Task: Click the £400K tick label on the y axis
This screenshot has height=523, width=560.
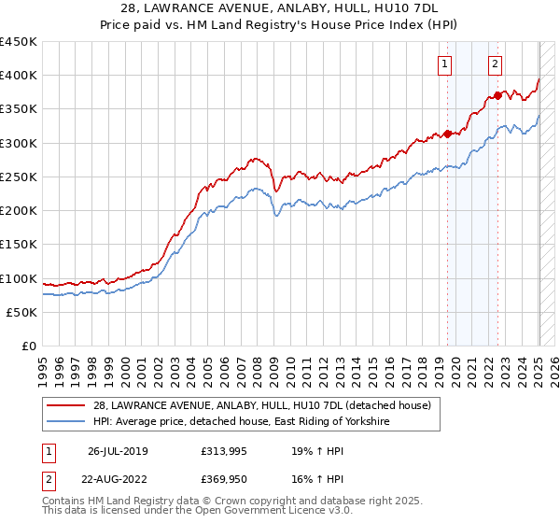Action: click(x=19, y=76)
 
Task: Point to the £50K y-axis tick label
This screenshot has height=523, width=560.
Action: click(x=21, y=312)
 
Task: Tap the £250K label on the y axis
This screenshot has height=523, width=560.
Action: click(x=19, y=177)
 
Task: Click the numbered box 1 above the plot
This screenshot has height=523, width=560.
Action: click(x=444, y=64)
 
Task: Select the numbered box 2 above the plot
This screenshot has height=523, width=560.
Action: click(x=495, y=64)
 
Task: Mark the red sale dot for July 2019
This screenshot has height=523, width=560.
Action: click(x=447, y=134)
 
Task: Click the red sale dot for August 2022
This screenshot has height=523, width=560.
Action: click(x=497, y=95)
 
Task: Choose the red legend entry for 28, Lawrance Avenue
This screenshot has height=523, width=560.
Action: click(x=261, y=405)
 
